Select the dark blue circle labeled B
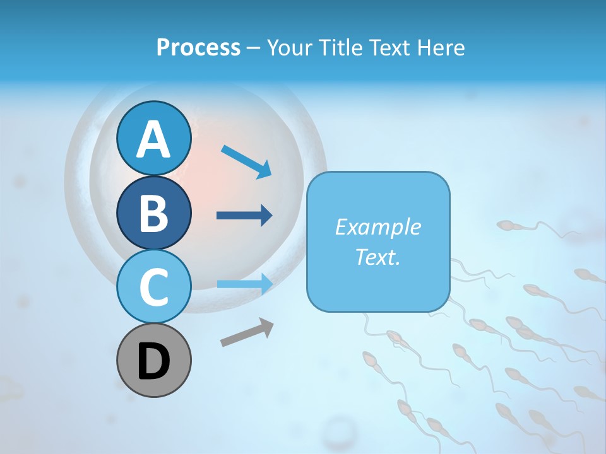[x=153, y=212]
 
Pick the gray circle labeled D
[x=153, y=360]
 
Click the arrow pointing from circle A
[x=247, y=161]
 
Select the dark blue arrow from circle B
[x=244, y=216]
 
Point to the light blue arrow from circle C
[x=244, y=284]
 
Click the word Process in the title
[x=198, y=47]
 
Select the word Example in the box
[x=377, y=227]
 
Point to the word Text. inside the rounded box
[x=377, y=257]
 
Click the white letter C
[x=153, y=287]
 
